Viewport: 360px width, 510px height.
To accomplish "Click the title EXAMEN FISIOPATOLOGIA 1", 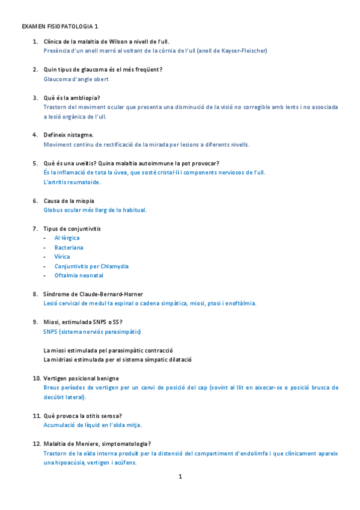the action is [x=60, y=27].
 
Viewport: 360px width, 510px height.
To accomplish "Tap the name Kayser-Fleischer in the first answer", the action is [x=241, y=51].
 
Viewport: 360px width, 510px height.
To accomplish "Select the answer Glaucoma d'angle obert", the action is [x=76, y=79].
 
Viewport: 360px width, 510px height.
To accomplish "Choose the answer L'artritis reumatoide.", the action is [x=72, y=182].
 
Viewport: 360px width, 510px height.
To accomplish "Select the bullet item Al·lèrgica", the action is [x=67, y=238].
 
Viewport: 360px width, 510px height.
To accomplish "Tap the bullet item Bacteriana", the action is [x=69, y=247].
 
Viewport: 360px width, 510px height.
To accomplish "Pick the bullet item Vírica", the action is [x=62, y=257].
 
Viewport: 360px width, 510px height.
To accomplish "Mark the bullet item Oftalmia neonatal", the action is [x=79, y=275].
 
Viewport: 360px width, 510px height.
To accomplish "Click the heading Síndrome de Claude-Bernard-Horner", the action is [x=93, y=294].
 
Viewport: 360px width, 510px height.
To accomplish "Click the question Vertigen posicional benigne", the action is [x=81, y=378].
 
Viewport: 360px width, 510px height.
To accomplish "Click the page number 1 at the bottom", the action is [x=180, y=477].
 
